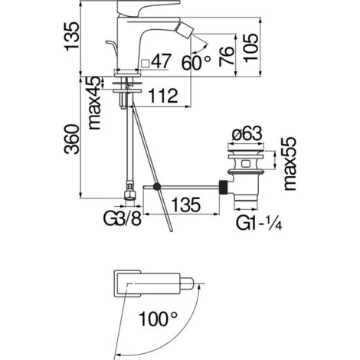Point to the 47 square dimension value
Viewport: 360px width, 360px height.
coord(162,61)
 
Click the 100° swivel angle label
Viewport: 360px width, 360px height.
coord(159,316)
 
